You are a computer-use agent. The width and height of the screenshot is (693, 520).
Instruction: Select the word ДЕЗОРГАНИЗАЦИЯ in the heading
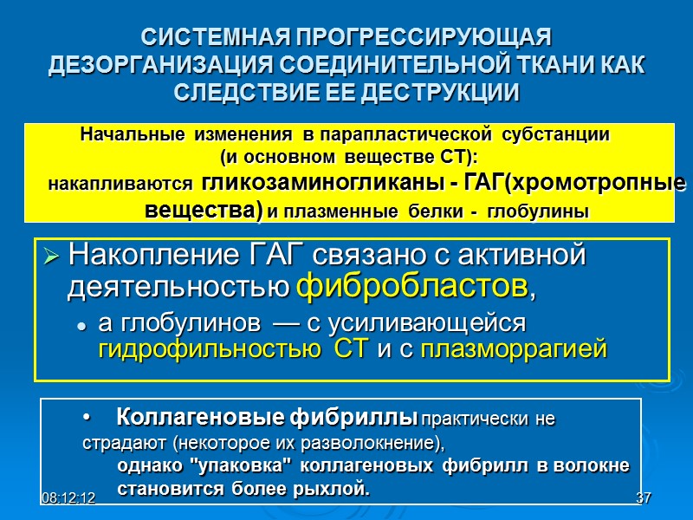tap(157, 65)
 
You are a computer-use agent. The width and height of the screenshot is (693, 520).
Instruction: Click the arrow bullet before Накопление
tap(51, 257)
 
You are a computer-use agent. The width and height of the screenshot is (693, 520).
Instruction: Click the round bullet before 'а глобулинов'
tap(81, 326)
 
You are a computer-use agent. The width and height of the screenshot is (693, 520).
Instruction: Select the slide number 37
tap(643, 498)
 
